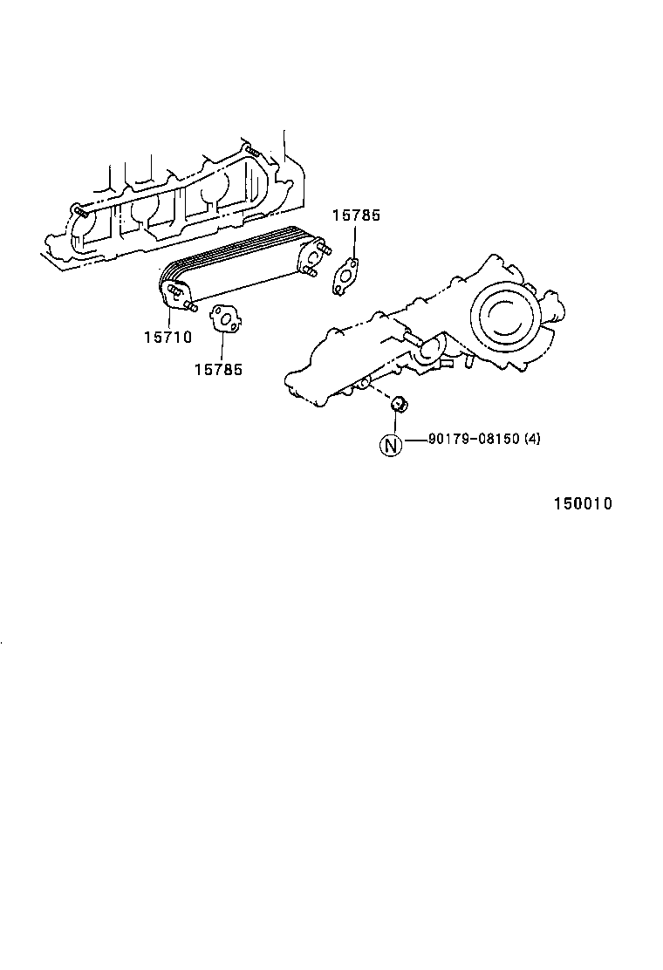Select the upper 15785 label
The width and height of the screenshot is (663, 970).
coord(356,215)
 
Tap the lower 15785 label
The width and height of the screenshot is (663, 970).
coord(218,369)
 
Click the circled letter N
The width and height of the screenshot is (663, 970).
coord(391,444)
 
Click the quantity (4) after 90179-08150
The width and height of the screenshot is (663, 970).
coord(532,439)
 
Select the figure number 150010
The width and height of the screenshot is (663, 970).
coord(582,504)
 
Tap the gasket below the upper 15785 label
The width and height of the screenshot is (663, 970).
coord(346,275)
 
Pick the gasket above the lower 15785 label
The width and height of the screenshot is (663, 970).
coord(227,318)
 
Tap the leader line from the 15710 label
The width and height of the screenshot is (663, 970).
coord(167,315)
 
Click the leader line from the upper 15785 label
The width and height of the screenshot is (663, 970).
coord(354,242)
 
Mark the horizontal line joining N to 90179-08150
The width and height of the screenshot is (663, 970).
coord(414,440)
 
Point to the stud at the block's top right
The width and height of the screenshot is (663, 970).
coord(251,152)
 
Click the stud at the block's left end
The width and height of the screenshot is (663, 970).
coord(79,210)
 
